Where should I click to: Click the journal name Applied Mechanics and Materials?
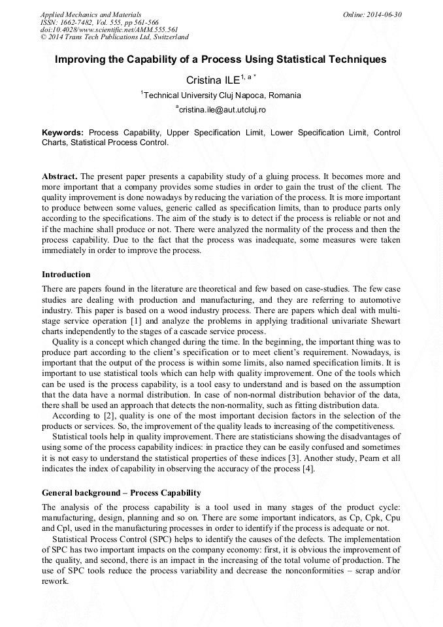pos(90,14)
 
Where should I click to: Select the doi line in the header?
pos(109,30)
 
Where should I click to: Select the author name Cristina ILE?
pos(212,80)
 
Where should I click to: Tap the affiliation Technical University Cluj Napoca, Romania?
pos(222,95)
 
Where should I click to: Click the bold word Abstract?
pos(59,177)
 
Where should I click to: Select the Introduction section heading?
pos(66,275)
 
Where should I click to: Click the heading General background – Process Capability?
pos(121,492)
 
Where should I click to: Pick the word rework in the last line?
pos(54,581)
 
